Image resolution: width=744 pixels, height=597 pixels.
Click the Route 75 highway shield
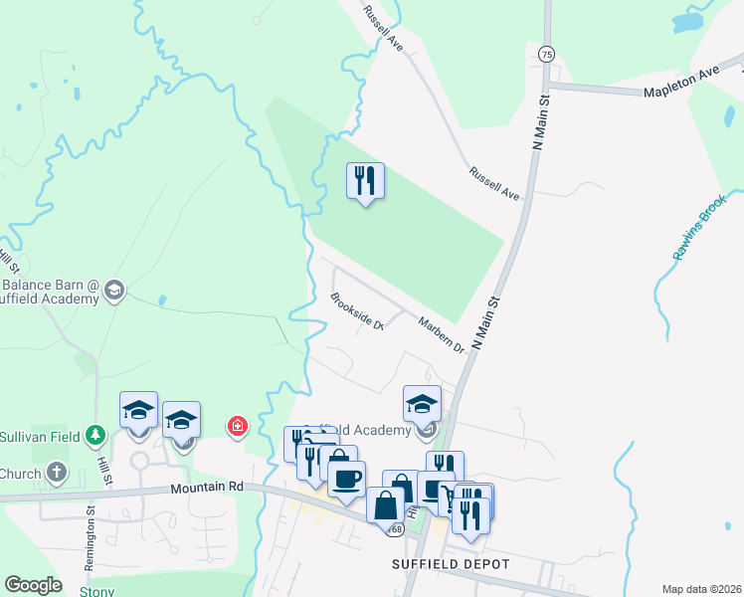point(546,55)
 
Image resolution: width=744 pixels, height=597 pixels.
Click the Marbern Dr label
point(442,333)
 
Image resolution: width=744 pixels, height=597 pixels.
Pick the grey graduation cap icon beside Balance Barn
point(113,290)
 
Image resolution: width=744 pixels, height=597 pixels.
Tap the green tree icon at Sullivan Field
point(94,435)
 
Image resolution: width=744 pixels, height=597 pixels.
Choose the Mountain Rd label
point(207,488)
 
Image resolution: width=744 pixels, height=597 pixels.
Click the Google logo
point(33,585)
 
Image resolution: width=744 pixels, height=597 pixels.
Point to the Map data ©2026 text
point(702,589)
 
